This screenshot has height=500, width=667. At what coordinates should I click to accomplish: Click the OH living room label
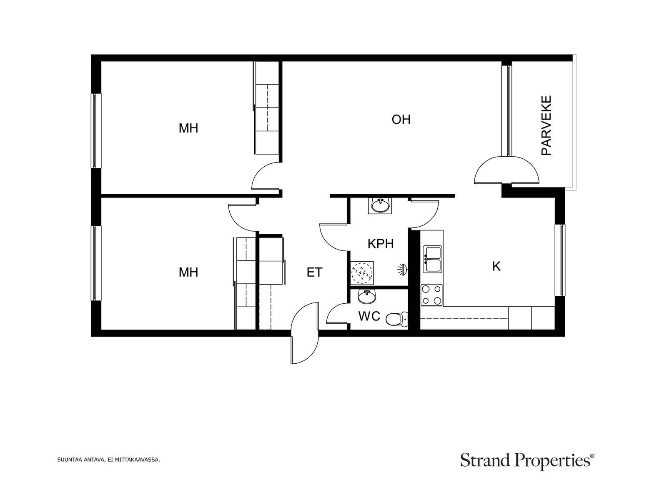tap(401, 120)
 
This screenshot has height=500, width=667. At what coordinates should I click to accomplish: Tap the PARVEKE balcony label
tap(547, 125)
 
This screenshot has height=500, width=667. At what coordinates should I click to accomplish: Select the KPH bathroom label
tap(381, 243)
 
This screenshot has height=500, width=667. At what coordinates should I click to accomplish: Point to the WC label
tap(369, 316)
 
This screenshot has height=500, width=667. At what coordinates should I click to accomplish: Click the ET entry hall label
tap(314, 272)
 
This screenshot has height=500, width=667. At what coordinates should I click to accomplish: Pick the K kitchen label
tap(496, 266)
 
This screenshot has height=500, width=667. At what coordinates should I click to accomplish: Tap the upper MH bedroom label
tap(188, 128)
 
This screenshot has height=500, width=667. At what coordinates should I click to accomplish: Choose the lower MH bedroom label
tap(188, 272)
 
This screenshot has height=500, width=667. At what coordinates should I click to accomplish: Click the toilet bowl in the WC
tap(396, 319)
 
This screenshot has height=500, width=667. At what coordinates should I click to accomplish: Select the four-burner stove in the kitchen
tap(431, 295)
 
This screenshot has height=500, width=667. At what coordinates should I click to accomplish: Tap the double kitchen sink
tap(433, 259)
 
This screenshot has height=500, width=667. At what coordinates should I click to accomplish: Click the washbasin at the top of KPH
tap(380, 205)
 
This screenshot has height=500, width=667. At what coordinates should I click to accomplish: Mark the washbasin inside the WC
tap(367, 297)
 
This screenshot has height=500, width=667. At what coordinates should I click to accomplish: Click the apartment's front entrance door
tap(305, 333)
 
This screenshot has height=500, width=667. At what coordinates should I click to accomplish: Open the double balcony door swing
tap(507, 170)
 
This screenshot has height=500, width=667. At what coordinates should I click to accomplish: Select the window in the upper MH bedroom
tap(96, 130)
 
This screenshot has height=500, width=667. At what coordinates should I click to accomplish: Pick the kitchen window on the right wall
tap(560, 260)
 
